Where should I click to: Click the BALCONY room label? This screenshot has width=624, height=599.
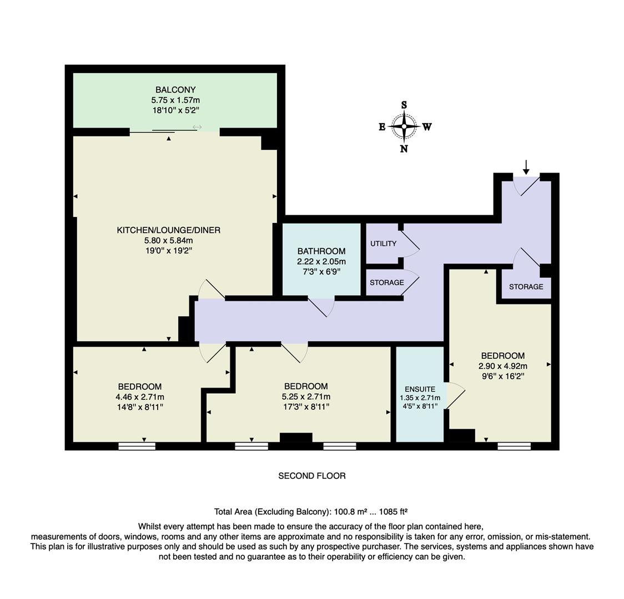[x=175, y=90]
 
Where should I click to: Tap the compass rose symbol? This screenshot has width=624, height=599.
[x=404, y=126]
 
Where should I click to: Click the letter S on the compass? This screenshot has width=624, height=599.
[x=404, y=105]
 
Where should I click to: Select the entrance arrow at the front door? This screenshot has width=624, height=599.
[x=526, y=166]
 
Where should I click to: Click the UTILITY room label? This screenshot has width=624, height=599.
[x=383, y=243]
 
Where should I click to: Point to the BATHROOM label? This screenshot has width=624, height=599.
[x=321, y=251]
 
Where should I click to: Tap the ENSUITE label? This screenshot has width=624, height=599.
[x=420, y=389]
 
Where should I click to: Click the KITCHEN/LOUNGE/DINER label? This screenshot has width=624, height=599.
[x=168, y=230]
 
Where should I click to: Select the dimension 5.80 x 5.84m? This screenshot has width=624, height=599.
[x=168, y=240]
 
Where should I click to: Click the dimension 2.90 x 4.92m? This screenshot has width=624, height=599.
[x=502, y=366]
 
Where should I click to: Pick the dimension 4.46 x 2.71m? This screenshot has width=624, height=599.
[x=139, y=397]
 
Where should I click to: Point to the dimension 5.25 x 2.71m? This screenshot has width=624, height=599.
[x=305, y=397]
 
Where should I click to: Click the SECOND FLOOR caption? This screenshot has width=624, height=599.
[x=311, y=476]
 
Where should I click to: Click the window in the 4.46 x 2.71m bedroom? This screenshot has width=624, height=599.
[x=137, y=445]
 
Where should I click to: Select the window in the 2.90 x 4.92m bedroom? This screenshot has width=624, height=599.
[x=514, y=445]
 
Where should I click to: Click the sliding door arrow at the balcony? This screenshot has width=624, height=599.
[x=197, y=128]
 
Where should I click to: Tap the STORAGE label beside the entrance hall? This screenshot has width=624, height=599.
[x=526, y=287]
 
